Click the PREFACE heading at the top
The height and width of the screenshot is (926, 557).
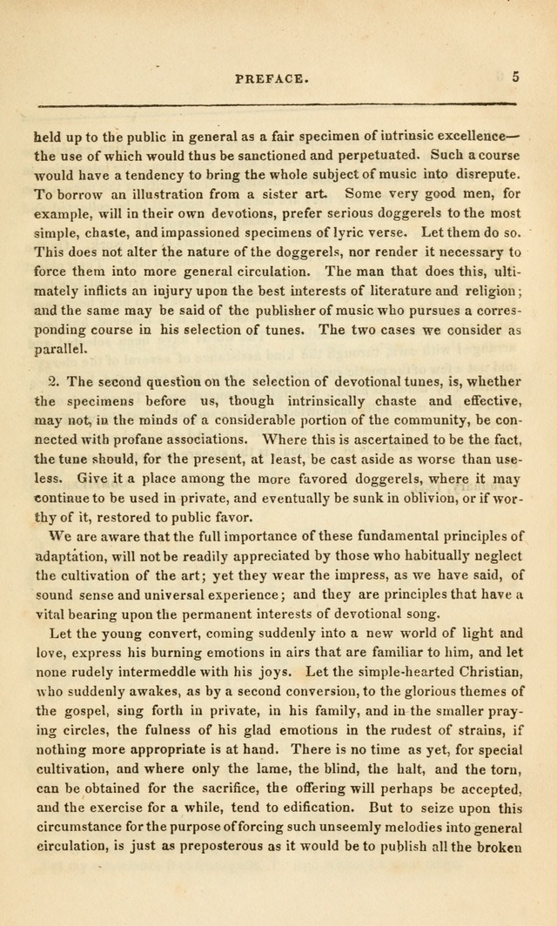[x=272, y=78]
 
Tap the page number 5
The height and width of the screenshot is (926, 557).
[x=516, y=77]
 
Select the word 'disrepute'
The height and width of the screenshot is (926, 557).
[x=488, y=175]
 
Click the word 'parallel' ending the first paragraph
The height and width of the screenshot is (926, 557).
[x=59, y=349]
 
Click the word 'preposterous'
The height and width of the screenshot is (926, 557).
[x=198, y=847]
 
